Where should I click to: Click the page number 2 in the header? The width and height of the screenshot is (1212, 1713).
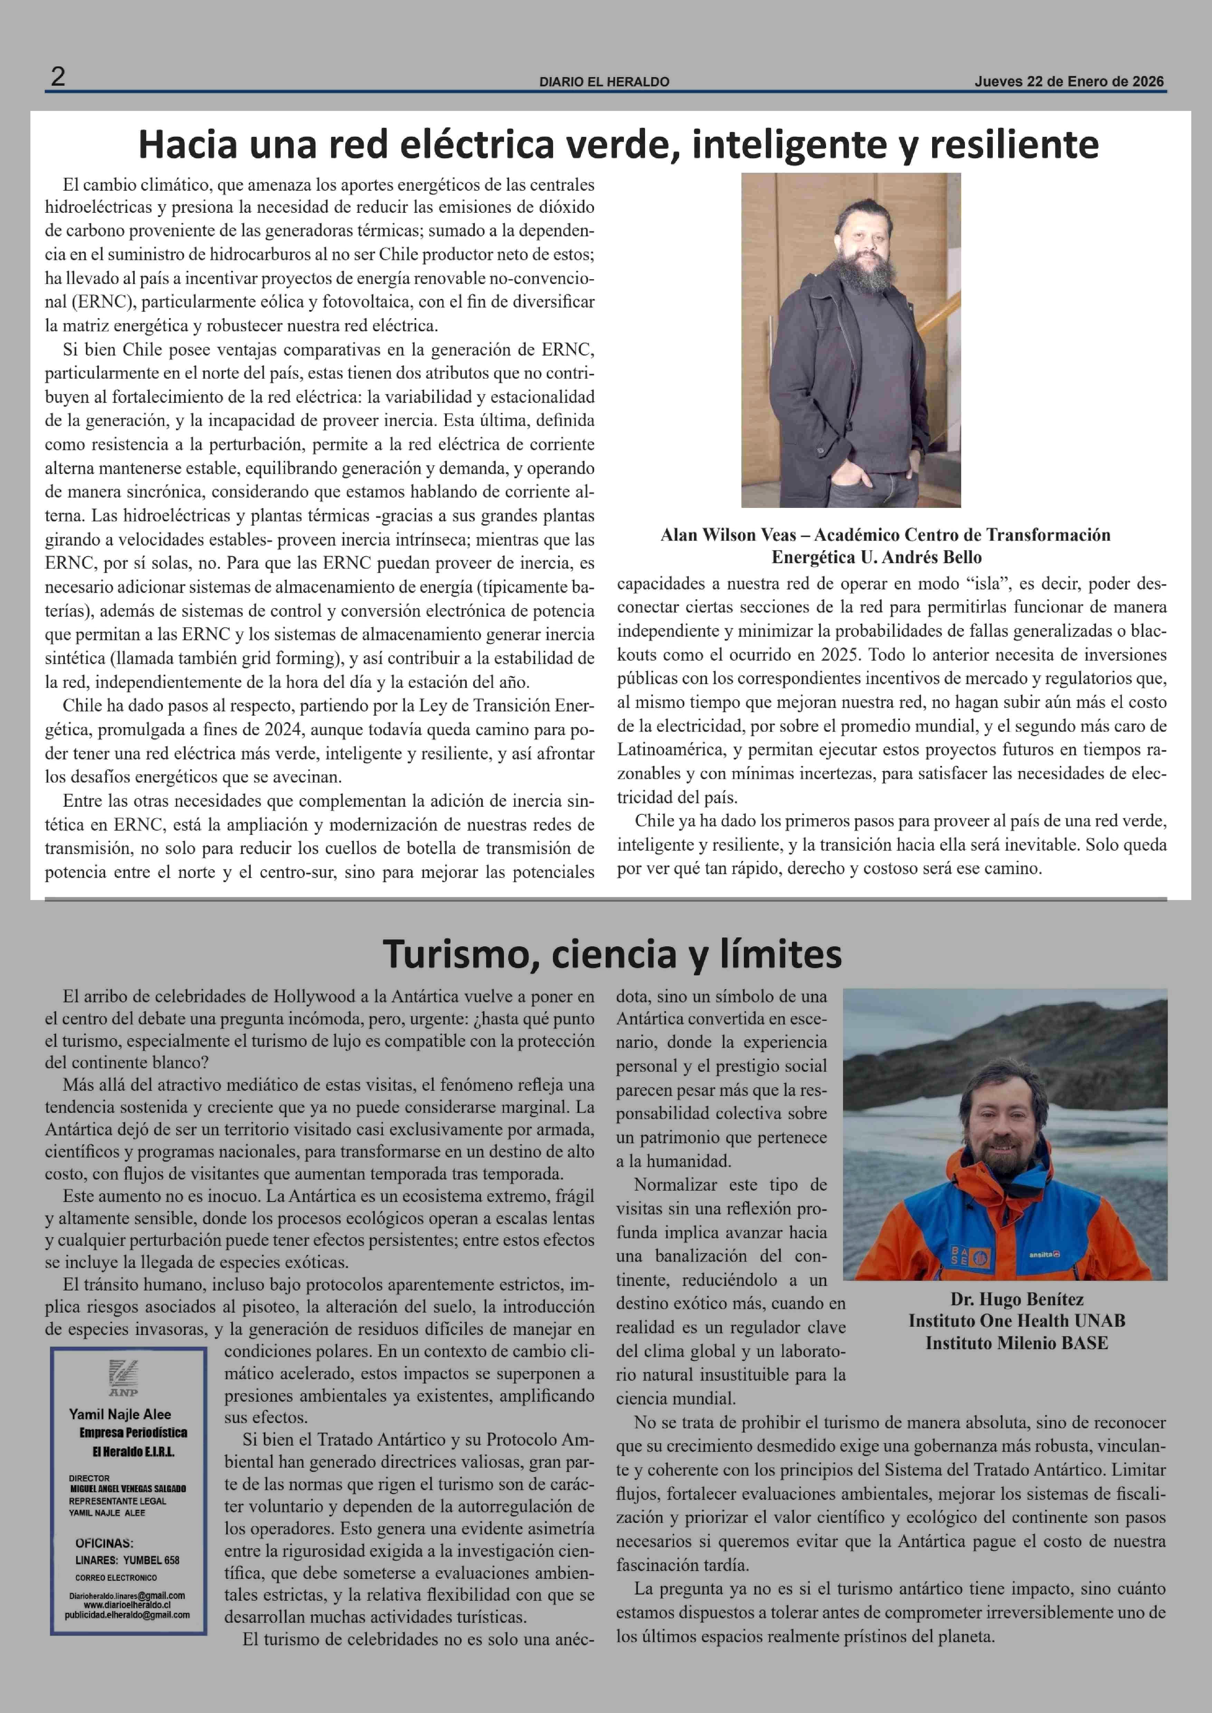(57, 77)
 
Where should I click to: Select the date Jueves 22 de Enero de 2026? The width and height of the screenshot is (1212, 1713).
(1069, 82)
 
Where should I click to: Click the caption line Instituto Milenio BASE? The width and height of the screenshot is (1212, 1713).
(1016, 1344)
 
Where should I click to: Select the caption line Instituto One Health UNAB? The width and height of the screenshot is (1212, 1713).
(1016, 1321)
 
